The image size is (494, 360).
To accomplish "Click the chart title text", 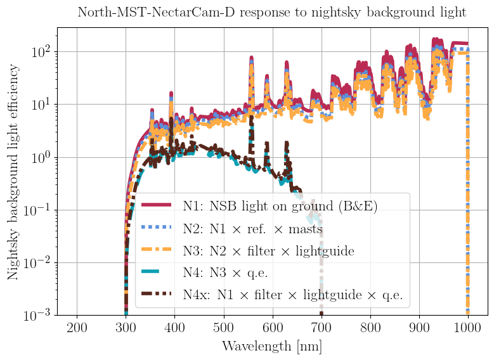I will click(272, 12).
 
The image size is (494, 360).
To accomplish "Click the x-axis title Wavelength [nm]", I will click(272, 346).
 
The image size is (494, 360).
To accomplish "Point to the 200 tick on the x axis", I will click(77, 327).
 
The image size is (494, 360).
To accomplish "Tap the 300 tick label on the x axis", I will click(126, 327).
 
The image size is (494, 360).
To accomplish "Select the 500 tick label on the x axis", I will click(224, 327).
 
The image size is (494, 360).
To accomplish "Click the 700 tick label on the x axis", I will click(322, 327).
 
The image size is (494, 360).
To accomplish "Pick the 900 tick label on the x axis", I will click(419, 327).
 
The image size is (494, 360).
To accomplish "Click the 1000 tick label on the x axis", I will click(468, 327).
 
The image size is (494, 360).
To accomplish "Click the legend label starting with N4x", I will click(292, 294).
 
